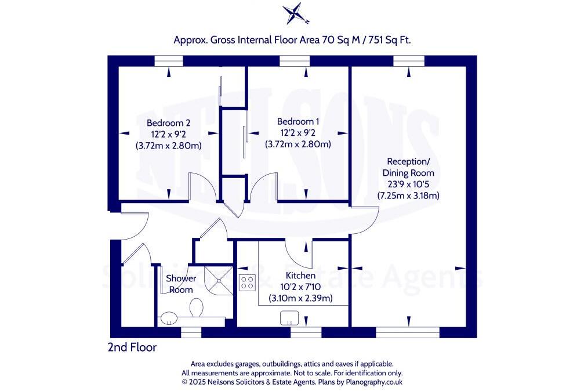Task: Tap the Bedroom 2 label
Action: (x=168, y=123)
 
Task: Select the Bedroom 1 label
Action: (x=297, y=121)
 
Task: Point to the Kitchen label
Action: (x=300, y=276)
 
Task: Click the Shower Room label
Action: (x=181, y=284)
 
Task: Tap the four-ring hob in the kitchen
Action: (x=247, y=283)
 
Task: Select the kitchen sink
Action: (x=289, y=318)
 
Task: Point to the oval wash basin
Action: (x=169, y=317)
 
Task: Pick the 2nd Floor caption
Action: (x=132, y=347)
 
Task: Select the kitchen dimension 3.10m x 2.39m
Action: (x=300, y=298)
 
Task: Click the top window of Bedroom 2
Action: (x=169, y=61)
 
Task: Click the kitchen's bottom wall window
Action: (x=306, y=332)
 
